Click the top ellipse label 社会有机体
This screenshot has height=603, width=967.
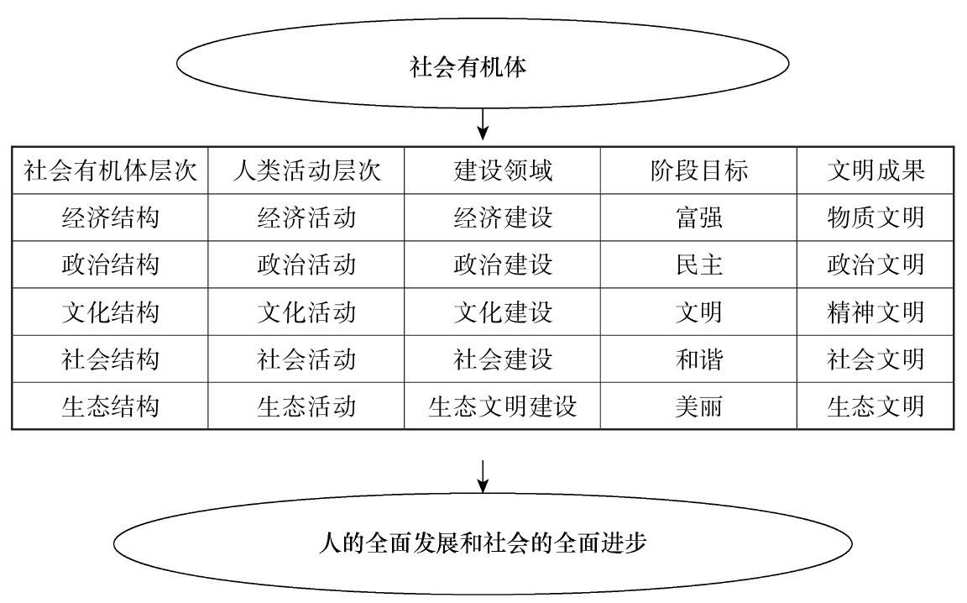[x=468, y=66]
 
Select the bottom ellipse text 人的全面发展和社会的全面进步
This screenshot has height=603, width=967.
[x=483, y=543]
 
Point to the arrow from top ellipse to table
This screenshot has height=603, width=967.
[x=483, y=124]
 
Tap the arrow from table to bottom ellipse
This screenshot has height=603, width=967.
[x=483, y=476]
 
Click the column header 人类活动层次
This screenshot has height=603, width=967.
[x=306, y=170]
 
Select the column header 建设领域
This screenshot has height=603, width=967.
[x=503, y=170]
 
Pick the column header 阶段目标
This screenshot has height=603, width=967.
[x=698, y=170]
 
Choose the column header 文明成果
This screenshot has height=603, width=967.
[x=876, y=170]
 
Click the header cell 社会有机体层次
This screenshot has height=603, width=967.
[x=111, y=170]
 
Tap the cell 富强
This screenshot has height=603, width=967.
[x=698, y=218]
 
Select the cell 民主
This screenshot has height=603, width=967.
[x=698, y=265]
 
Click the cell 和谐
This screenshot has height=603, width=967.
[x=698, y=359]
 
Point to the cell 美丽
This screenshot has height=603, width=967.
[x=698, y=406]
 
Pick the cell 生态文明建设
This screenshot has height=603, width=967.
[x=503, y=406]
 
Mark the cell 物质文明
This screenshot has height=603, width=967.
[x=876, y=218]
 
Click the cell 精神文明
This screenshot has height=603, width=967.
[x=876, y=312]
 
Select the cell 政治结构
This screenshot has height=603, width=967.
[x=111, y=265]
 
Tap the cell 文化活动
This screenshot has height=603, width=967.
[x=306, y=312]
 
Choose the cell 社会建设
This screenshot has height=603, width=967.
[x=503, y=359]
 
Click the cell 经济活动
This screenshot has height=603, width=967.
[x=306, y=218]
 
